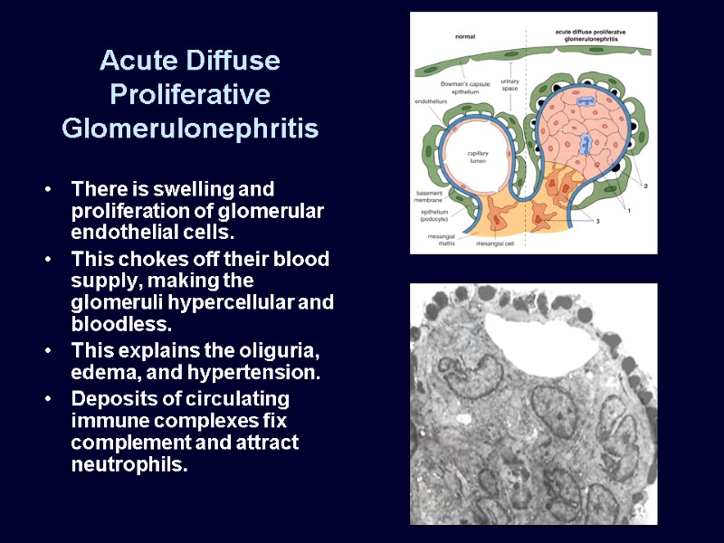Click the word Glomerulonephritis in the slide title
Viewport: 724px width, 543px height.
click(x=190, y=129)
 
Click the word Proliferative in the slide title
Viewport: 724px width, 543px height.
click(x=190, y=94)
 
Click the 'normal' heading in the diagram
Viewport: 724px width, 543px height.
click(x=465, y=36)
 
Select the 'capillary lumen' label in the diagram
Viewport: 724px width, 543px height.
click(x=478, y=157)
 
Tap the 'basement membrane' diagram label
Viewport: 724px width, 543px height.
click(x=429, y=196)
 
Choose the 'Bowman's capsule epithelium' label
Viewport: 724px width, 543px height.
click(x=465, y=86)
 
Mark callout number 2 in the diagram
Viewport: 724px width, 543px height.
click(x=646, y=186)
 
